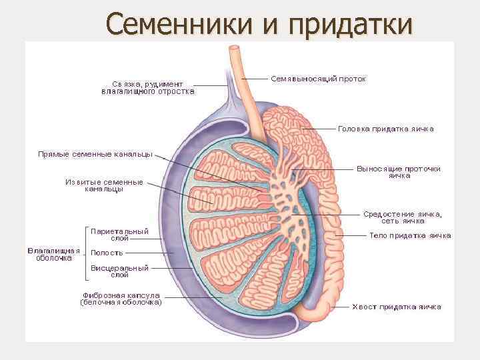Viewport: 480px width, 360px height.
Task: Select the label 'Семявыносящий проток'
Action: [318, 79]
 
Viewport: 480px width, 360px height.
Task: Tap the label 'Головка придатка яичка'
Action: [385, 129]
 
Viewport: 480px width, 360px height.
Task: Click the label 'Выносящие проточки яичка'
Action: [398, 172]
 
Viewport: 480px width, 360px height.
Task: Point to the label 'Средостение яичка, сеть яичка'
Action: [402, 217]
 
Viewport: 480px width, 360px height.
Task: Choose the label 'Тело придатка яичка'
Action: [410, 235]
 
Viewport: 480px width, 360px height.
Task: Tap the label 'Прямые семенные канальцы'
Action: [95, 155]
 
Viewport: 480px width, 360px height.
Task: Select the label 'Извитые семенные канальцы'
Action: [104, 185]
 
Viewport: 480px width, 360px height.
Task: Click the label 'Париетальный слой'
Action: [119, 234]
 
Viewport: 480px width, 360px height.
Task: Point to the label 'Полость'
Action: [107, 253]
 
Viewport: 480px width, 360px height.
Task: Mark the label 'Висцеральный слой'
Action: [119, 271]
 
